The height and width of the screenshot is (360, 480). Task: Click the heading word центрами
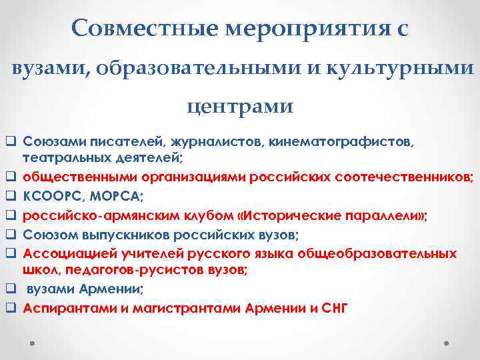(x=239, y=106)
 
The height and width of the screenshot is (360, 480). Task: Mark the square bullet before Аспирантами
(x=12, y=308)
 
